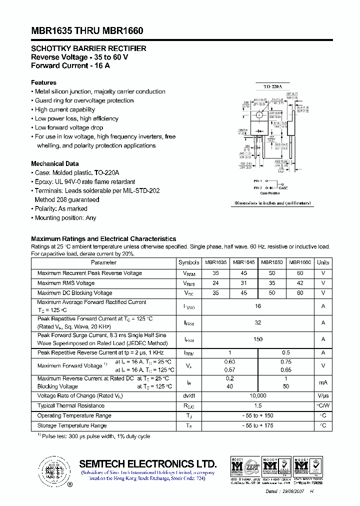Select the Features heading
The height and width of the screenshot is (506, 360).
43,82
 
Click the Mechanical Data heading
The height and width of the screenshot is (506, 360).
54,163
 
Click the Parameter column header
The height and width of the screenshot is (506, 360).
103,262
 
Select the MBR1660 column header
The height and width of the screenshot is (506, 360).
300,262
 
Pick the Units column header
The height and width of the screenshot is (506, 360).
323,262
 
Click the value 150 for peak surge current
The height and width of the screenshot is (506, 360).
258,339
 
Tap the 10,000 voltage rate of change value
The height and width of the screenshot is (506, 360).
258,395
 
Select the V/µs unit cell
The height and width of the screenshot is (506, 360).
323,395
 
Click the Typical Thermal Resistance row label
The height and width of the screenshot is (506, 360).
70,405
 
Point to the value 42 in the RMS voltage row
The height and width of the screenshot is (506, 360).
300,283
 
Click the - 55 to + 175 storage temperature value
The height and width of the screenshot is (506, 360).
258,425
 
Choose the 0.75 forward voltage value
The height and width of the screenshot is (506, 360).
286,361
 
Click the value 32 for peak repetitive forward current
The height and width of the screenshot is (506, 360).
258,323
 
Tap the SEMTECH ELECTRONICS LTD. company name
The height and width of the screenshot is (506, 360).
148,463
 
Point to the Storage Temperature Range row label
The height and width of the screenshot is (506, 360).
71,425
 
